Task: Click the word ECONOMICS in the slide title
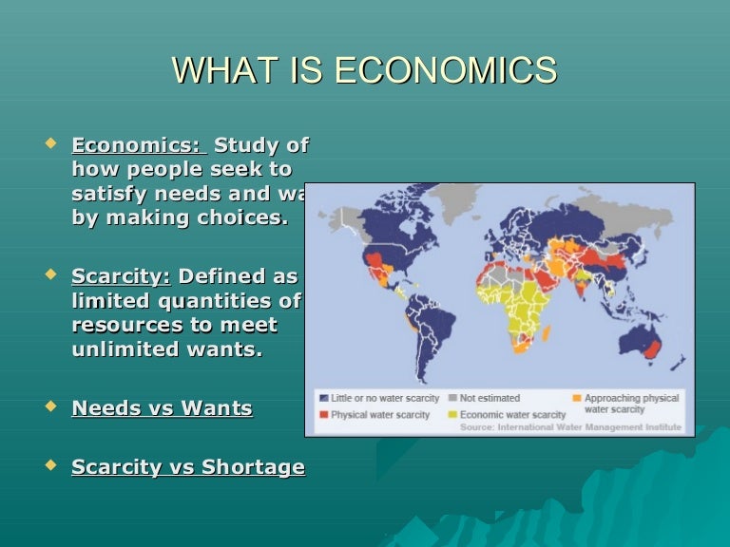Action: click(447, 70)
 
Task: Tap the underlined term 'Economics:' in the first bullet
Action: click(138, 146)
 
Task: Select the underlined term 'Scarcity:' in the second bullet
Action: click(121, 277)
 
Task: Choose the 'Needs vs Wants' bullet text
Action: click(163, 409)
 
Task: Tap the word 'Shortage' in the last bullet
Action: click(259, 467)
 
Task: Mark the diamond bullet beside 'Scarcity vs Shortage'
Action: click(50, 466)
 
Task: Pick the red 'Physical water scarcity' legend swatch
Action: click(323, 416)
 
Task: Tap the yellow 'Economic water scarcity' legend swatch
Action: click(452, 416)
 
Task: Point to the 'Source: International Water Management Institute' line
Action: click(570, 427)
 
